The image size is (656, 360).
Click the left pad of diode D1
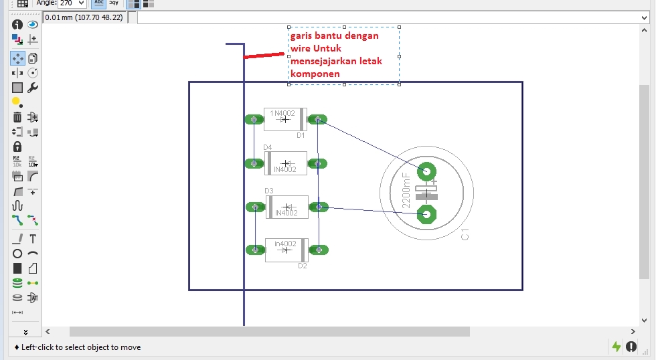click(253, 120)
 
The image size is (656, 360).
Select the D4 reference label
click(268, 147)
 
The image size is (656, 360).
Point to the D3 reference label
click(269, 191)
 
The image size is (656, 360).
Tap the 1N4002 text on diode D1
click(282, 113)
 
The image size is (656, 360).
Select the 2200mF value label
click(406, 191)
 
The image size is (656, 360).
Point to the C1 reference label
click(465, 234)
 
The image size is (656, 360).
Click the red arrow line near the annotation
click(264, 56)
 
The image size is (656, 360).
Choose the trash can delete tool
click(17, 117)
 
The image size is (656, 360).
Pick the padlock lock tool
click(17, 147)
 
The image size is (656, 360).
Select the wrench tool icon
click(33, 88)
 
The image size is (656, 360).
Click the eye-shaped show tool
click(33, 25)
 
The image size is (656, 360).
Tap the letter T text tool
click(33, 239)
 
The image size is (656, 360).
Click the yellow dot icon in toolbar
click(17, 102)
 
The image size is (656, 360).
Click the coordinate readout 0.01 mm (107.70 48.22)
click(84, 17)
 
